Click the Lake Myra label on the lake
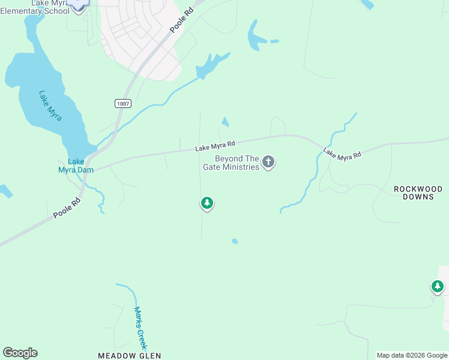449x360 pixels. click(50, 106)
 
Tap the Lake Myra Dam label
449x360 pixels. click(76, 165)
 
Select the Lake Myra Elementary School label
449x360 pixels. click(35, 7)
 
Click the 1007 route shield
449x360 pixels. click(122, 104)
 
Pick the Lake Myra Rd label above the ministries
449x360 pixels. click(214, 146)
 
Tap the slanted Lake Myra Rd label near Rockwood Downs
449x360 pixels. click(342, 154)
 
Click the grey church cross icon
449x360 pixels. click(268, 162)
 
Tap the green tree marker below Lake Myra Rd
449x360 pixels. click(207, 203)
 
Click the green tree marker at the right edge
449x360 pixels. click(438, 287)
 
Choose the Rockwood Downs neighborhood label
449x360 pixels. click(418, 193)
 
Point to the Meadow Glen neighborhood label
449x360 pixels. click(129, 356)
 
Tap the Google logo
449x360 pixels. click(20, 353)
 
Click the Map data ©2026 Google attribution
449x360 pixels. click(412, 356)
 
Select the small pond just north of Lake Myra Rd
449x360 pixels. click(225, 122)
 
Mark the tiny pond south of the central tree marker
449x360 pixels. click(235, 241)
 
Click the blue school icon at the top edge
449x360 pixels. click(77, 5)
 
